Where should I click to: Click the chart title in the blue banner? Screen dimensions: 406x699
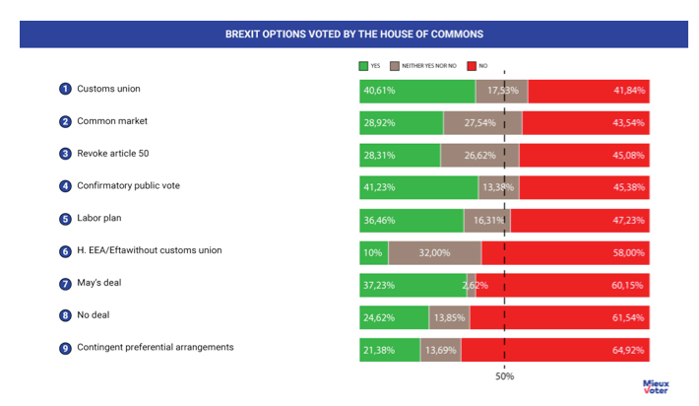pyautogui.click(x=353, y=34)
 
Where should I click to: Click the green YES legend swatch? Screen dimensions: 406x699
pyautogui.click(x=363, y=67)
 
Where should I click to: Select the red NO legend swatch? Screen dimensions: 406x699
pyautogui.click(x=471, y=67)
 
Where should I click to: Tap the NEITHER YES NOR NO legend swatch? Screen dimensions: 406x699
pyautogui.click(x=396, y=67)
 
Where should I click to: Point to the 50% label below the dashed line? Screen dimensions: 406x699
pyautogui.click(x=504, y=375)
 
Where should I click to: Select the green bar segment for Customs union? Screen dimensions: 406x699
pyautogui.click(x=417, y=91)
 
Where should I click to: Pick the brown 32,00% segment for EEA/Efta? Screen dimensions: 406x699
pyautogui.click(x=434, y=252)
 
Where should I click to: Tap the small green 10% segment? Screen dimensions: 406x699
pyautogui.click(x=373, y=252)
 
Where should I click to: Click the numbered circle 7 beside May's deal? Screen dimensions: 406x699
pyautogui.click(x=65, y=284)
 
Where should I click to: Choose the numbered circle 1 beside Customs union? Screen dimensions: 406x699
pyautogui.click(x=65, y=90)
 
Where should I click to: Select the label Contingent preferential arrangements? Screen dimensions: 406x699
pyautogui.click(x=156, y=348)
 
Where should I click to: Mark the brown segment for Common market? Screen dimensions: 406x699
pyautogui.click(x=482, y=123)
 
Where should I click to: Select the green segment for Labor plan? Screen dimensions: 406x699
pyautogui.click(x=412, y=220)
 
